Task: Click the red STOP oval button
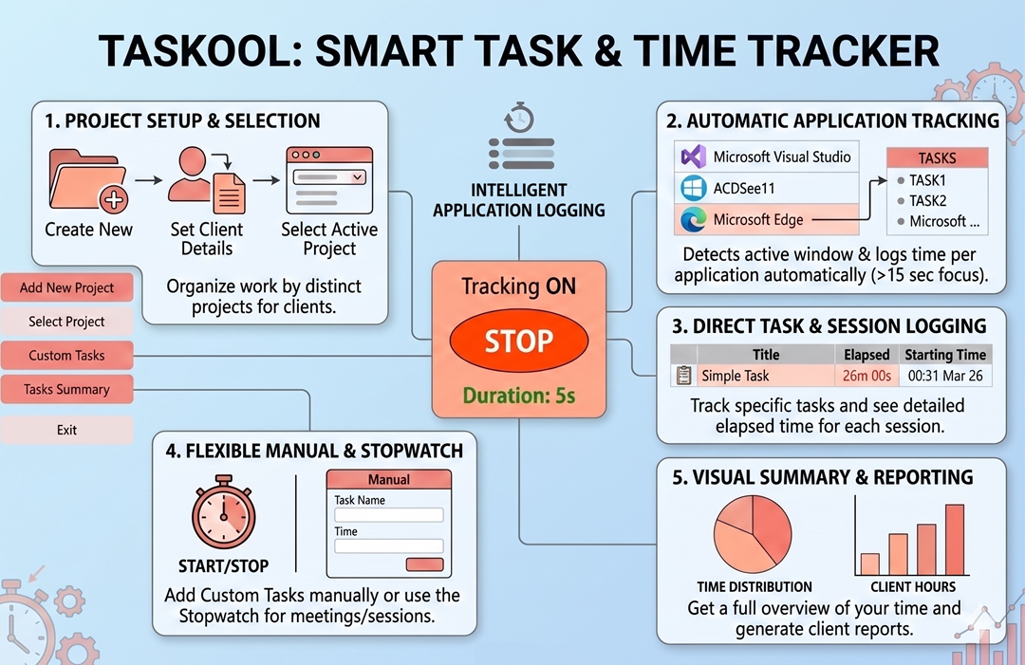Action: pos(518,342)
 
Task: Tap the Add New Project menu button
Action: pos(66,287)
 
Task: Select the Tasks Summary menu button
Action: pos(66,389)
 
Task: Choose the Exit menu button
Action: pos(66,430)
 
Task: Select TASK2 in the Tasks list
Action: pos(927,200)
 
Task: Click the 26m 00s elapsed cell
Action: pos(866,376)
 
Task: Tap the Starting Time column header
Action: pos(944,355)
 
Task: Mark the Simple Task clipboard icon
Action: pos(683,376)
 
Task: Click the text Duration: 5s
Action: pos(518,395)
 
